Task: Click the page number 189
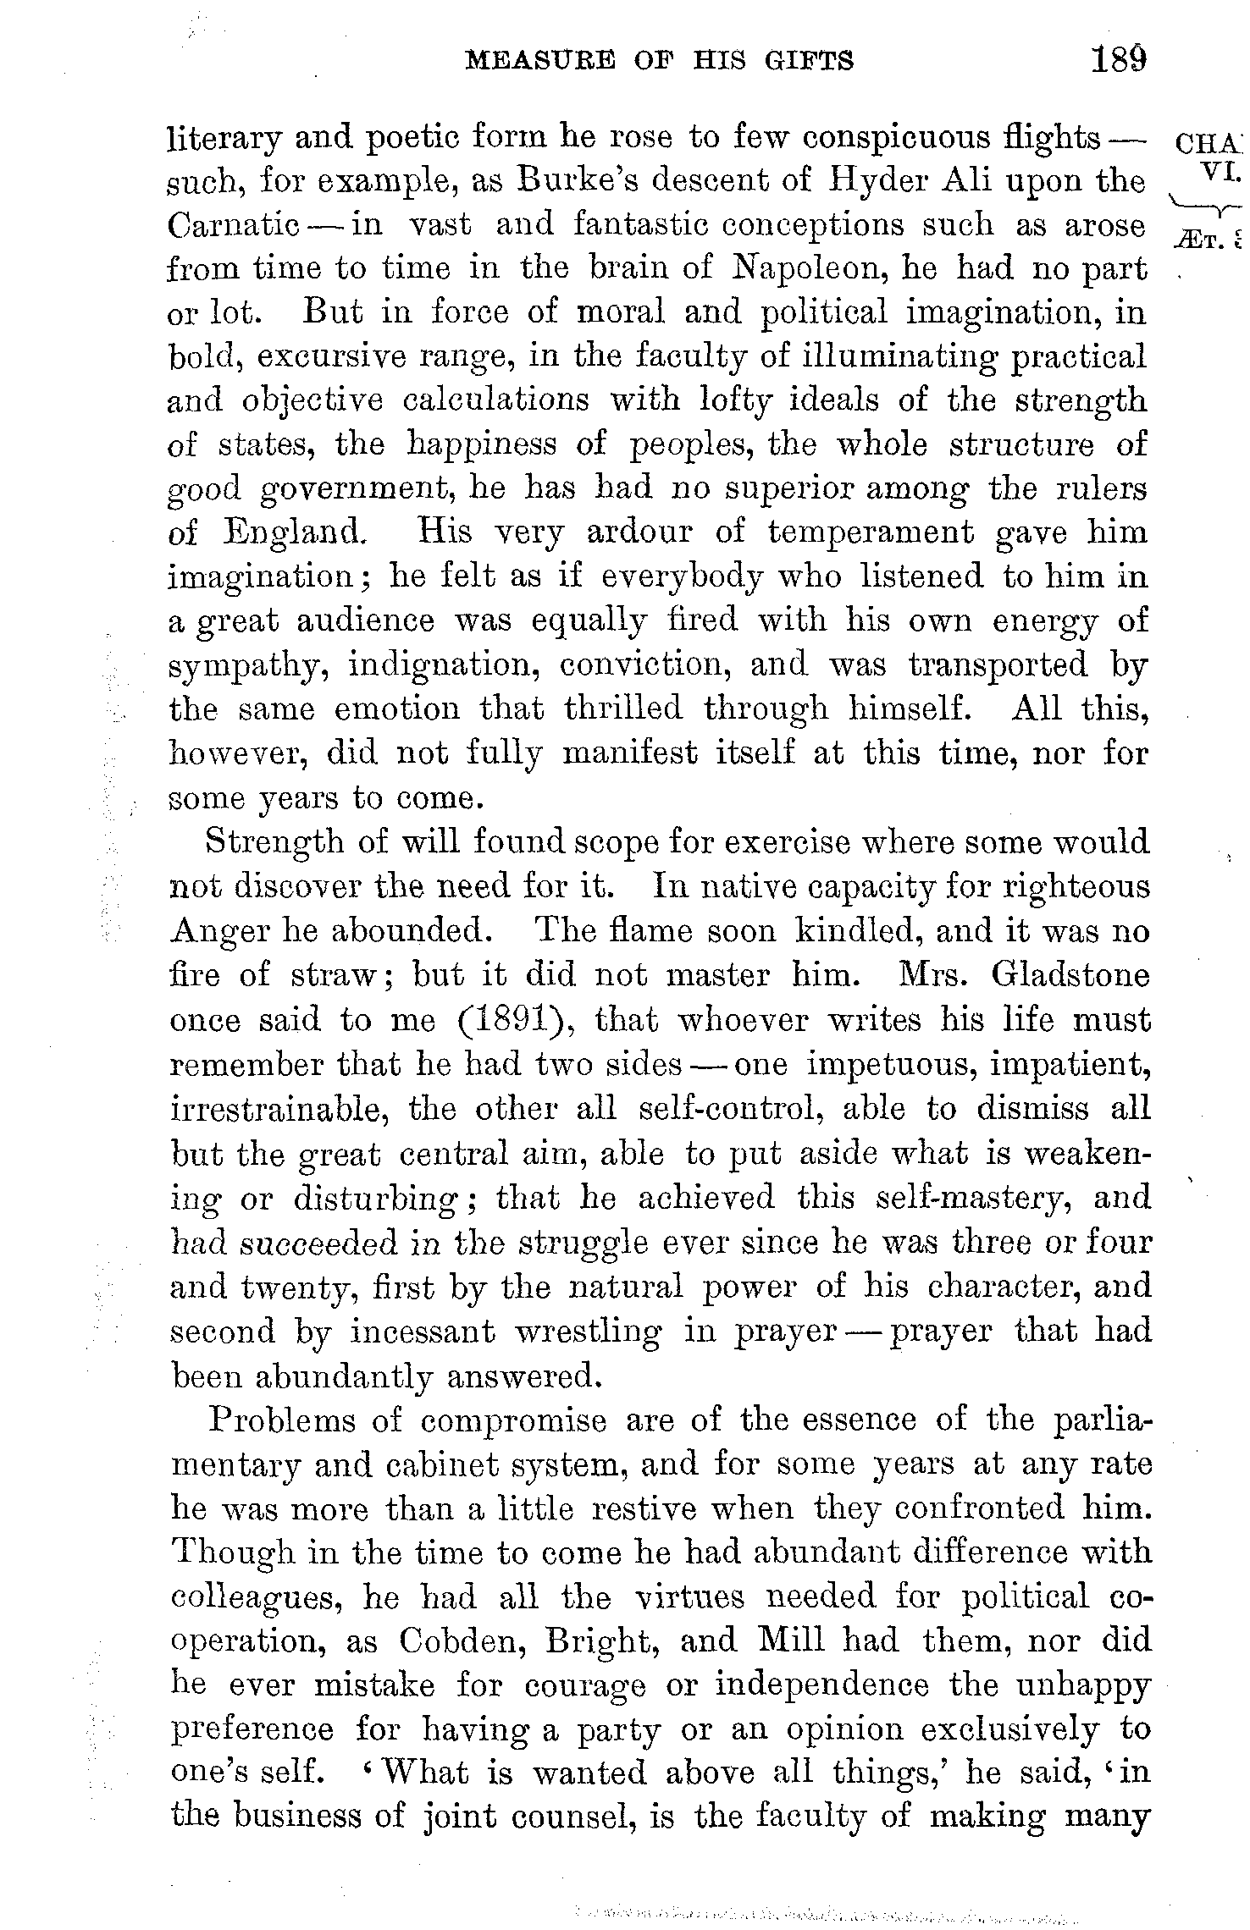(1118, 60)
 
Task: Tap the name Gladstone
(1070, 975)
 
